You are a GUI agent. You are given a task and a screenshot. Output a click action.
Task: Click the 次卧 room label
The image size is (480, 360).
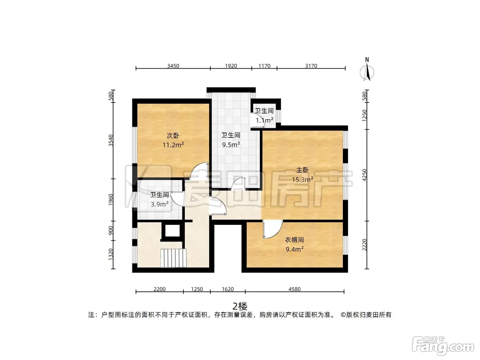click(173, 135)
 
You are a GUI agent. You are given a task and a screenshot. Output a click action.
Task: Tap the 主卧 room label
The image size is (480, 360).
click(302, 170)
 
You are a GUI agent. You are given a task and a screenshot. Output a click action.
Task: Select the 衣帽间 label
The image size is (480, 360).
click(294, 240)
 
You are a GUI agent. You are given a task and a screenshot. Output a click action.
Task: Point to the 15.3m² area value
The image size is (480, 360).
click(303, 180)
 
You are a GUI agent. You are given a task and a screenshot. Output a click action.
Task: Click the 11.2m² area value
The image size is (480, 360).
click(173, 145)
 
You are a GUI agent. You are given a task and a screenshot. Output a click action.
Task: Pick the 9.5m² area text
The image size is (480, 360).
click(231, 144)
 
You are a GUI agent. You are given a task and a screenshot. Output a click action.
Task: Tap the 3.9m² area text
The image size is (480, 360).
click(160, 204)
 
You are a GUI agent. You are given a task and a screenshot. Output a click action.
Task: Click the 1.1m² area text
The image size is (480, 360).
click(264, 120)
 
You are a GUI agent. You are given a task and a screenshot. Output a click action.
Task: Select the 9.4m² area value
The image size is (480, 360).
click(295, 249)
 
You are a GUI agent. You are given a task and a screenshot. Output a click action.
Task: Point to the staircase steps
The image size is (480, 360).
click(173, 258)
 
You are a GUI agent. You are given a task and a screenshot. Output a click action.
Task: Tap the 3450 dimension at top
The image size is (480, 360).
click(173, 66)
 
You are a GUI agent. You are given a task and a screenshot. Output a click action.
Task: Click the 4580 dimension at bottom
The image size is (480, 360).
click(294, 289)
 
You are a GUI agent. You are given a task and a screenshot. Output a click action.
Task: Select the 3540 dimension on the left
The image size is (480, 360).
click(111, 141)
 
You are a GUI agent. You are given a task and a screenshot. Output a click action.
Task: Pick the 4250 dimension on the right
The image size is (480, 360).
click(364, 175)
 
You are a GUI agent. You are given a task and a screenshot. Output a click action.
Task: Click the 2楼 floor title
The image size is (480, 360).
click(240, 307)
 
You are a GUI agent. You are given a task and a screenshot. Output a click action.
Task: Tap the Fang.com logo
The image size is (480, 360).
click(443, 346)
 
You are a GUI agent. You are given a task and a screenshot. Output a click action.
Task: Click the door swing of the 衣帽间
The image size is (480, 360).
click(273, 229)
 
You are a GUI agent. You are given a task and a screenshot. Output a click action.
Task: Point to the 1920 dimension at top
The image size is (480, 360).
click(231, 66)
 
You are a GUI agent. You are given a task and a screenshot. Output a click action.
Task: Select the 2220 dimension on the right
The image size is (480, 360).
click(364, 245)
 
